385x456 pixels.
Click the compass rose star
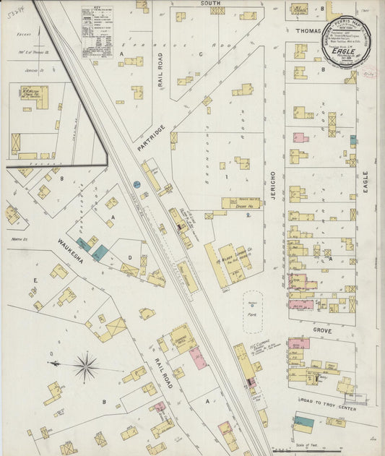pos(86,367)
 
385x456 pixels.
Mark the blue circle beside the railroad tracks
pos(137,185)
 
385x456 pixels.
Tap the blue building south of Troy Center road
pos(303,421)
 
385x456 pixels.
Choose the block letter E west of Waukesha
pos(34,278)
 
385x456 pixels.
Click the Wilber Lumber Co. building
pos(234,262)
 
